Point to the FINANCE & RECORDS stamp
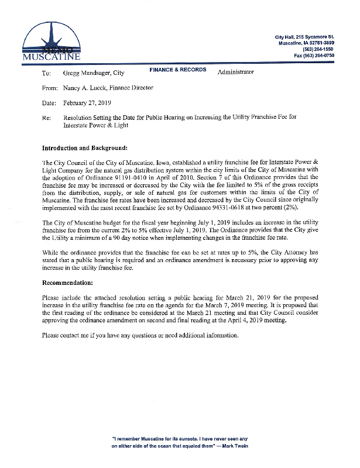click(x=178, y=70)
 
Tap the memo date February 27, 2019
click(x=87, y=102)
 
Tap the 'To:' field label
click(x=47, y=73)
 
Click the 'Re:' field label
click(x=47, y=117)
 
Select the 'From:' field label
click(x=50, y=88)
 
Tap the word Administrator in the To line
click(x=236, y=72)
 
